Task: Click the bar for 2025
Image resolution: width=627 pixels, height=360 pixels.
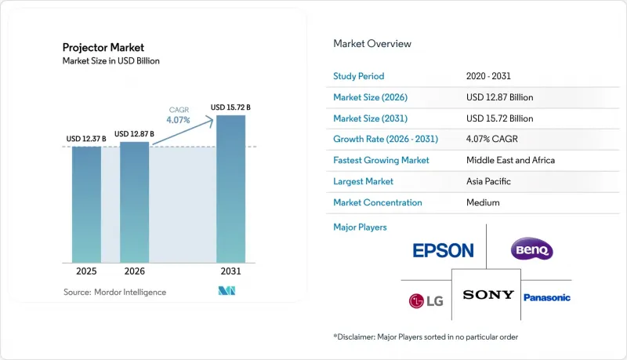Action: tap(86, 205)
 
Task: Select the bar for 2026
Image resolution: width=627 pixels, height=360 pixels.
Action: tap(134, 202)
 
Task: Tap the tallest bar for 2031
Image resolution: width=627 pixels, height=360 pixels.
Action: tap(230, 189)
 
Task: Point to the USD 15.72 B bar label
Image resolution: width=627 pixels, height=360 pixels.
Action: tap(230, 107)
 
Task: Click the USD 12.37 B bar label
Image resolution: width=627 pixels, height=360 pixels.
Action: tap(86, 139)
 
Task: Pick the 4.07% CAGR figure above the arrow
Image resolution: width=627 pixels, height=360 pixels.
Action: tap(179, 119)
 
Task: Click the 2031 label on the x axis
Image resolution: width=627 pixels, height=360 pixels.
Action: tap(230, 271)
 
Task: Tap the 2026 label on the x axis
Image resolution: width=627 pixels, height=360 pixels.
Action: tap(134, 271)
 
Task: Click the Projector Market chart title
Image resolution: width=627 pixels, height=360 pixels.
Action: tap(103, 48)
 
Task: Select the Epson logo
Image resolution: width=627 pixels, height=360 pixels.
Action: tap(443, 251)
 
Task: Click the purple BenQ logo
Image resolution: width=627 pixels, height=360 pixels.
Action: tap(532, 249)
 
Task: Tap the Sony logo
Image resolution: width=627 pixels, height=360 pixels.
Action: tap(488, 295)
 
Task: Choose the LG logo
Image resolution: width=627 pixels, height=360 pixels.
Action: tap(426, 301)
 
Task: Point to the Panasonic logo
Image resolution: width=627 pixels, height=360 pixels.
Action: tap(547, 297)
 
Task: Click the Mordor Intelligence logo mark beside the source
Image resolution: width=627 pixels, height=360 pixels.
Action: tap(227, 291)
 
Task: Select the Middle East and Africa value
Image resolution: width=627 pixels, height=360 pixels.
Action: tap(510, 160)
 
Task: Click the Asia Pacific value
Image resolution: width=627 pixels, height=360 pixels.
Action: tap(488, 181)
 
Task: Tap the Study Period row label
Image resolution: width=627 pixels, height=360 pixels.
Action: tap(359, 76)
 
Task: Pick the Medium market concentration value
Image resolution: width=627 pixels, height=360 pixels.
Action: tap(483, 202)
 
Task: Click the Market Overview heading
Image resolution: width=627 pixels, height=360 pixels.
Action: tap(372, 44)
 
